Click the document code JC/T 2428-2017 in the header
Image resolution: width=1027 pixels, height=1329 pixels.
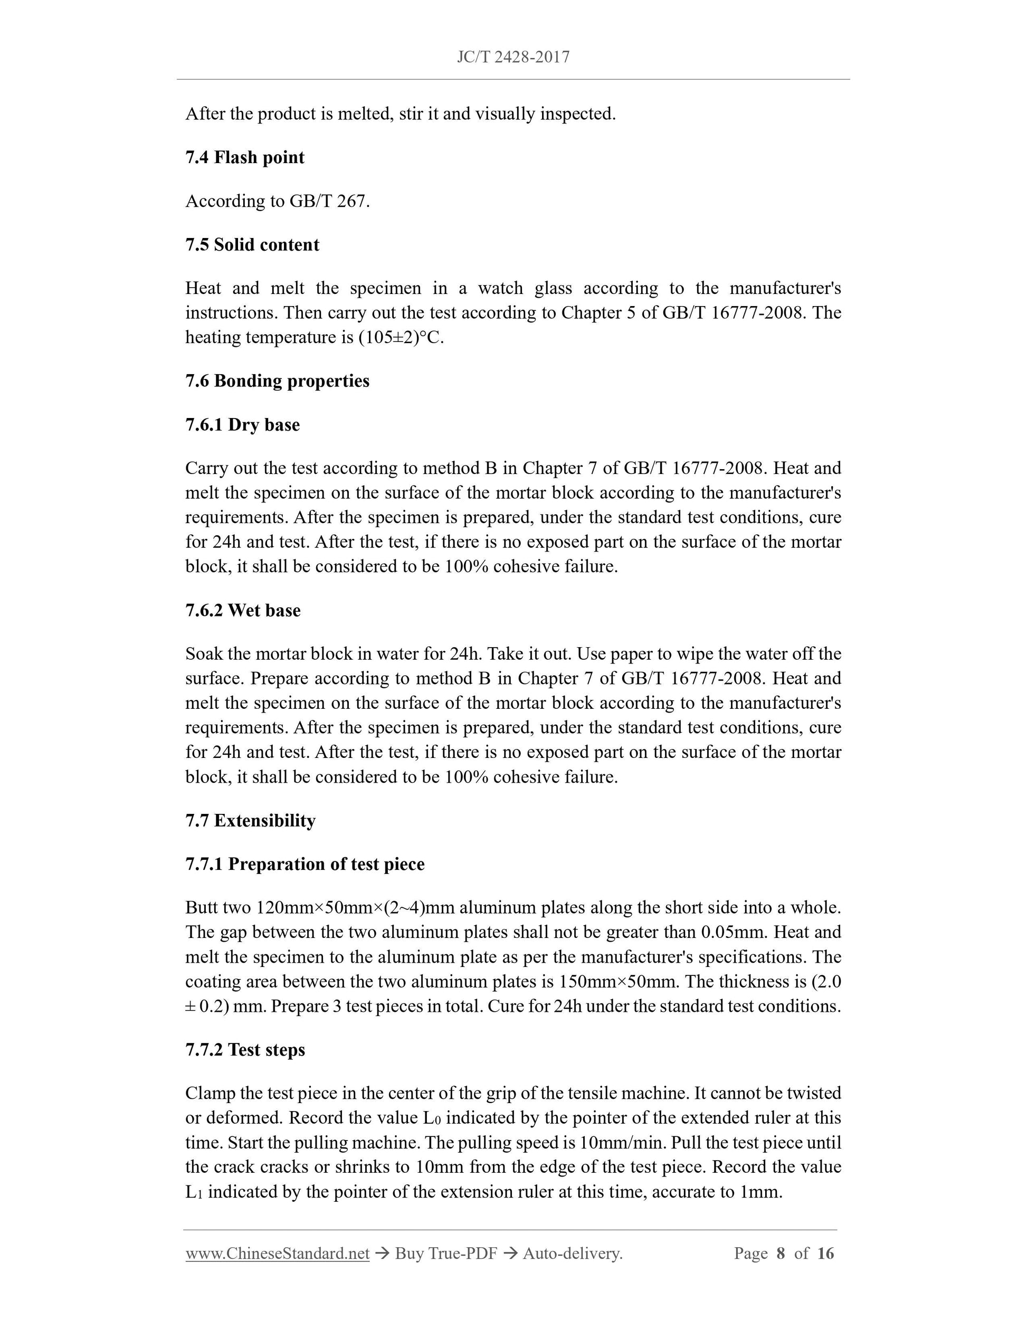(x=513, y=57)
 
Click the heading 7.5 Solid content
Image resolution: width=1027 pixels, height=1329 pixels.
(x=252, y=244)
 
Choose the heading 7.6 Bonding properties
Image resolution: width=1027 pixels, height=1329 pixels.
(x=277, y=381)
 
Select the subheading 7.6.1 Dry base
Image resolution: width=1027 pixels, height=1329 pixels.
(x=242, y=425)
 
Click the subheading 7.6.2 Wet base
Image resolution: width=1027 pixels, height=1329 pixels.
(x=243, y=610)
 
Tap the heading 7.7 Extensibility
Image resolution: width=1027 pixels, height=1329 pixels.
(x=250, y=821)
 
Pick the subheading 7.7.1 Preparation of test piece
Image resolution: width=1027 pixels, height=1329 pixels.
(x=305, y=864)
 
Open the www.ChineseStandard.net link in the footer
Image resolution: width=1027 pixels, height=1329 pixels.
(x=278, y=1254)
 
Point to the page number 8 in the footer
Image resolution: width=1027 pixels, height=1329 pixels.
(x=781, y=1254)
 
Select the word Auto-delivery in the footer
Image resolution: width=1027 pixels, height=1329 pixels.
(x=572, y=1254)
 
